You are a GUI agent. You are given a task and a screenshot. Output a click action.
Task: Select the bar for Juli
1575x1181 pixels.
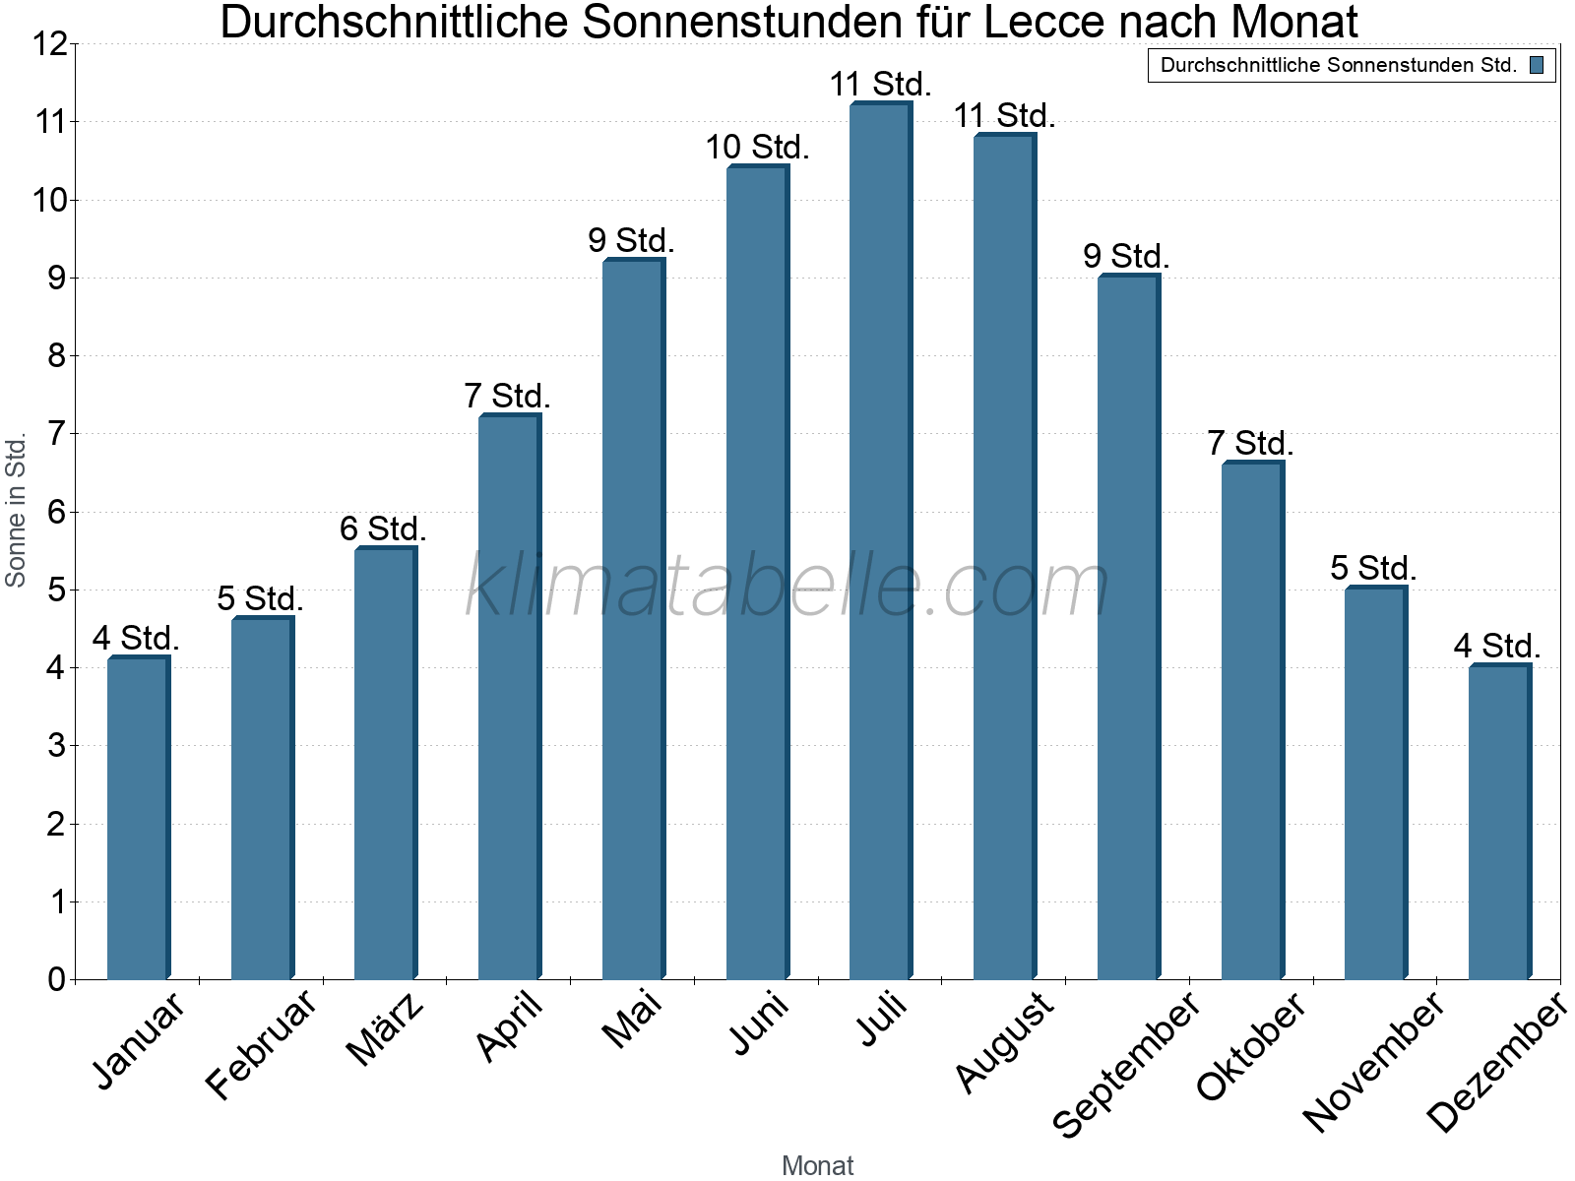pos(880,541)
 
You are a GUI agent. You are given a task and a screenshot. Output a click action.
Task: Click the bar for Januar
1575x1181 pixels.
pos(138,817)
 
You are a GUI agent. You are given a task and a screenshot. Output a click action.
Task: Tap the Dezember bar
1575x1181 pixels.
pos(1498,822)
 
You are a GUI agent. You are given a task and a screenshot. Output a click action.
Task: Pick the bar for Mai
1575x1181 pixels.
pos(633,620)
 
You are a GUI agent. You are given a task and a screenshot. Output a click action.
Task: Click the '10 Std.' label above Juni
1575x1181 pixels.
pos(757,148)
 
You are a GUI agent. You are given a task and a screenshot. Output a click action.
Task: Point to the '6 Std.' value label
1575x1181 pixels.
pos(383,529)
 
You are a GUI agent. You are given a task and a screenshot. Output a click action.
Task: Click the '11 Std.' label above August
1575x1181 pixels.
pos(1004,116)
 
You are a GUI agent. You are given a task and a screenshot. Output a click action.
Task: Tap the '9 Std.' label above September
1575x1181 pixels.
pos(1126,257)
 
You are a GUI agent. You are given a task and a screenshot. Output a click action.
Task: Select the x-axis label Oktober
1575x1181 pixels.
pos(1251,1045)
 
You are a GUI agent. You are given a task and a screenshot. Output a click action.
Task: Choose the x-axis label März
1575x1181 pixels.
pos(386,1029)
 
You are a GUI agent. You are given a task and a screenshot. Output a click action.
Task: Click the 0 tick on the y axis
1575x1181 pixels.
pos(56,979)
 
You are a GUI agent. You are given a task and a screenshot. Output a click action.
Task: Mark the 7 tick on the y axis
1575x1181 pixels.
pos(56,434)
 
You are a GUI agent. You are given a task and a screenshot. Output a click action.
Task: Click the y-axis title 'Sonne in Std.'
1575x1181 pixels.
pos(16,512)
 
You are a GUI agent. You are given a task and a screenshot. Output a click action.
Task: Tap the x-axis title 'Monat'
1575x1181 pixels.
pos(817,1165)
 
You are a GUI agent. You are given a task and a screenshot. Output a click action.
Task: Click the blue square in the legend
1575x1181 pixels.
pos(1537,66)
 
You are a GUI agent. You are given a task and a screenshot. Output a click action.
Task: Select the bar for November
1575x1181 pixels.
pos(1374,782)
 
